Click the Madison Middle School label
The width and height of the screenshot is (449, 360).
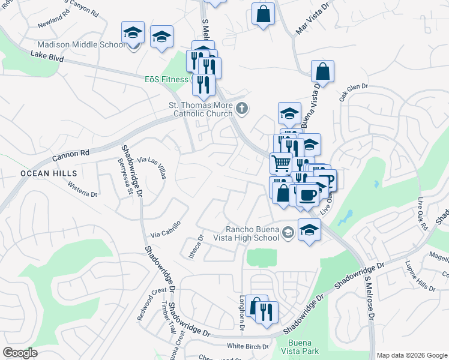pos(81,45)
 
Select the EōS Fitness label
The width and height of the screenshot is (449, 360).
pos(167,79)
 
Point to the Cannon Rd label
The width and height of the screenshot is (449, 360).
pos(70,154)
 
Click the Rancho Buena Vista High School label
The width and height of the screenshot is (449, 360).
pos(253,232)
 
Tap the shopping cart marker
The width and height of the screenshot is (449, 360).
pos(282,162)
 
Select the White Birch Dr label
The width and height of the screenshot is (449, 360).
pos(248,346)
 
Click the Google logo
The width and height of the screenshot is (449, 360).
pos(20,353)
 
